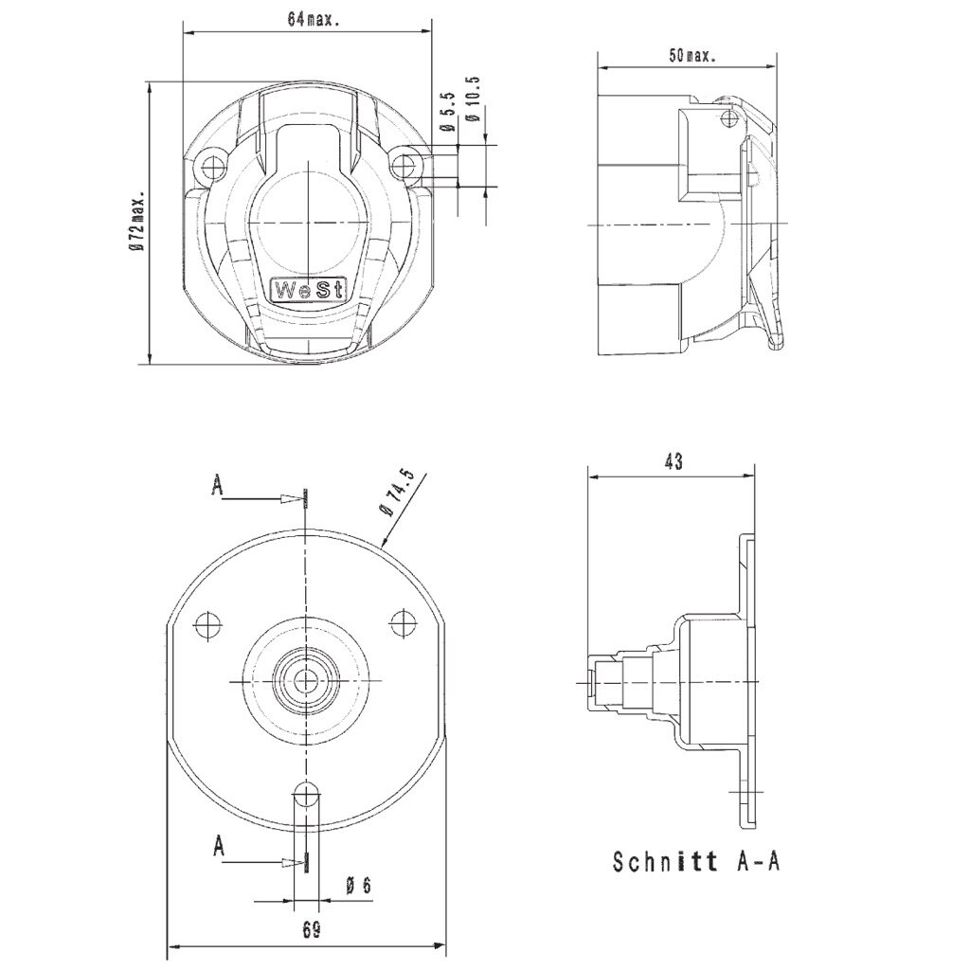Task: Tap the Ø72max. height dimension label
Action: coord(136,220)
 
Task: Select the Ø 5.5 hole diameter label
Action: coord(448,112)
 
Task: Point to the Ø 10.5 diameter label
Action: coord(474,99)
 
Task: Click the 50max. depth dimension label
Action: coord(692,56)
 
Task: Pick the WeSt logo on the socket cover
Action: coord(309,290)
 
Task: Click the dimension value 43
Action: coord(674,461)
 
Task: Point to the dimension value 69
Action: coord(313,930)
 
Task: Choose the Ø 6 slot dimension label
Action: coord(358,886)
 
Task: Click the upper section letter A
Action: coord(217,485)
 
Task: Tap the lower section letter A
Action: coord(218,846)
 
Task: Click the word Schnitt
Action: coord(665,862)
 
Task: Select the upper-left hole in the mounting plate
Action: coord(207,625)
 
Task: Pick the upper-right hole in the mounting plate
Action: coord(403,622)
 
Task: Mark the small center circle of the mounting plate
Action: coord(306,682)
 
